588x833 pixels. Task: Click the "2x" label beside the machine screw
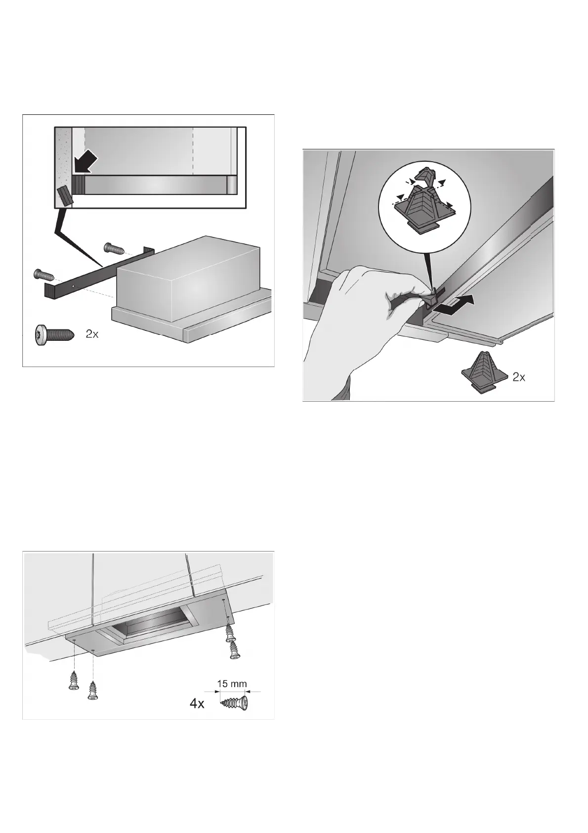(92, 334)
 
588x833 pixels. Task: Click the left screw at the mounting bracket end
(43, 273)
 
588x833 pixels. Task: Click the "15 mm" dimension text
(232, 684)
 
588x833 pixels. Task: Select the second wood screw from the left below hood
(92, 689)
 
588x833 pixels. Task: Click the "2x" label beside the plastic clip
(518, 378)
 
